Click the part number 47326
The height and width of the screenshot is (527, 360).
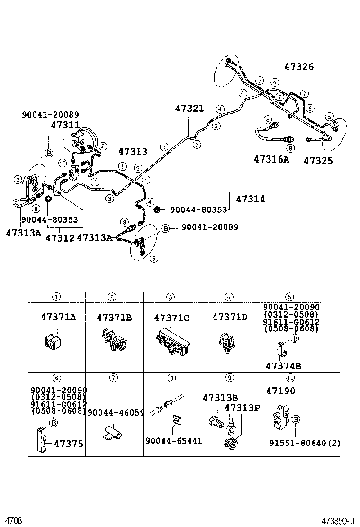[x=299, y=67]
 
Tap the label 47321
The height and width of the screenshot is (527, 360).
[x=189, y=109]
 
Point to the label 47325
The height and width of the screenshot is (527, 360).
[x=318, y=161]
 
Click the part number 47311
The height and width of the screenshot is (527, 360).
[x=65, y=126]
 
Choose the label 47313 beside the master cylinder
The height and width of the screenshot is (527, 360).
[x=133, y=152]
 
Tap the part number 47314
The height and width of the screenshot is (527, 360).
[x=250, y=200]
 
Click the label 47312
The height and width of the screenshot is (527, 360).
[x=60, y=237]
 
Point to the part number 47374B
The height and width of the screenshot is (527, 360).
[x=283, y=366]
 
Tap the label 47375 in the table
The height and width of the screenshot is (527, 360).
[x=68, y=444]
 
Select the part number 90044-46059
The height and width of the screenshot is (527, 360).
[x=116, y=413]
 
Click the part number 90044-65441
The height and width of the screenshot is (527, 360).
[x=174, y=441]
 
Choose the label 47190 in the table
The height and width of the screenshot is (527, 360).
[x=280, y=391]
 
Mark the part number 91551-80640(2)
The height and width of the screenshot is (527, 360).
[x=305, y=444]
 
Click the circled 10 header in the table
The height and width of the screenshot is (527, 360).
[x=290, y=378]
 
